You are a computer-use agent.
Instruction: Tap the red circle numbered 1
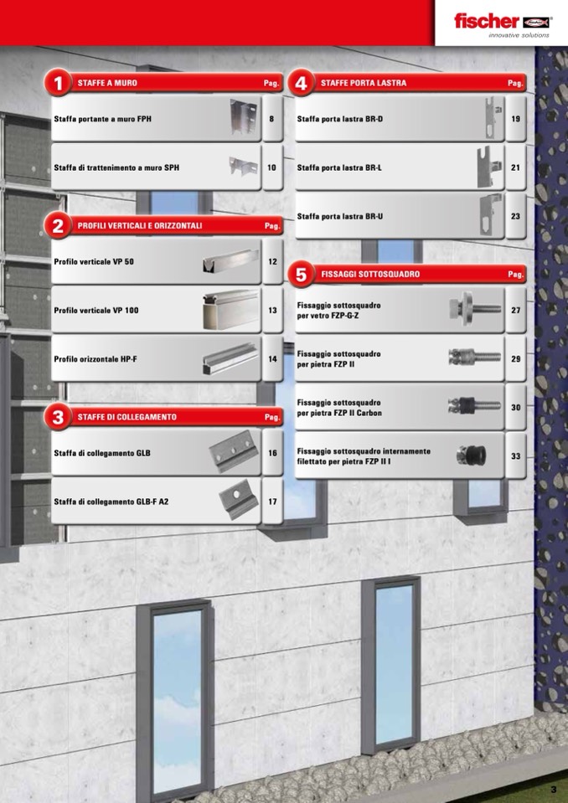[58, 82]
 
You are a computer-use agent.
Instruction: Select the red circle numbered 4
[301, 82]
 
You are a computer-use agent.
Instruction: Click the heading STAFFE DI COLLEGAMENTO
[127, 417]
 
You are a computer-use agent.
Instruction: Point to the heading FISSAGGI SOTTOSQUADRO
[370, 274]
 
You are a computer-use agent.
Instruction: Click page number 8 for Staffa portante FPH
[271, 119]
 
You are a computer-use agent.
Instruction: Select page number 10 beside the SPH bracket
[271, 167]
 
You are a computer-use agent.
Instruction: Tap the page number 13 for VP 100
[272, 311]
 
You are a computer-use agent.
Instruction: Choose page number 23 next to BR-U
[515, 216]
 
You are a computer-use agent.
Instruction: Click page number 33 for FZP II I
[515, 456]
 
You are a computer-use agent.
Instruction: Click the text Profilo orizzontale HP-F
[96, 359]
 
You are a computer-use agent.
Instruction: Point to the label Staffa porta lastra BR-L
[339, 167]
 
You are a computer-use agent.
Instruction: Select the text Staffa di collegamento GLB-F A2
[111, 502]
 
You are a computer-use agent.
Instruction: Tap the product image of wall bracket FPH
[243, 116]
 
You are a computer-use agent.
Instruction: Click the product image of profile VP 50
[230, 261]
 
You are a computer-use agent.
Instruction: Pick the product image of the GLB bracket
[234, 451]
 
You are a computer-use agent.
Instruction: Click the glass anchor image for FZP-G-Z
[475, 308]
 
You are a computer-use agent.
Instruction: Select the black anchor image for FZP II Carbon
[474, 405]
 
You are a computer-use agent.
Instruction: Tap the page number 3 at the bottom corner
[553, 790]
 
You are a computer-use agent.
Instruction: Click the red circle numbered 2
[58, 225]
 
